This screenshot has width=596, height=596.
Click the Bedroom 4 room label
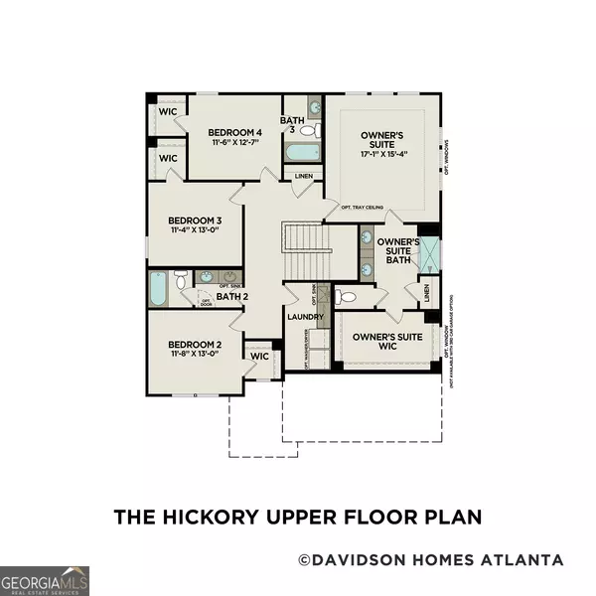click(x=234, y=132)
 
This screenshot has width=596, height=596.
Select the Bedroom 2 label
click(x=193, y=341)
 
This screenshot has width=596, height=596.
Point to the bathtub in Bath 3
click(x=302, y=153)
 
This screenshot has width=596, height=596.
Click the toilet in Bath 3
click(x=308, y=130)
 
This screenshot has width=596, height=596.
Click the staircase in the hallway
click(x=300, y=249)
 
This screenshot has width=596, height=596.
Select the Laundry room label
click(x=305, y=317)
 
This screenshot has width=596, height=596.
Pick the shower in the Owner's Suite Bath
click(x=430, y=255)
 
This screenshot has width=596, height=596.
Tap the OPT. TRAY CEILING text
click(x=364, y=209)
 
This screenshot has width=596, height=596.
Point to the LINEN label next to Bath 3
click(x=304, y=177)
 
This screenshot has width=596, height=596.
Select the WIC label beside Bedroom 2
click(x=260, y=356)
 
